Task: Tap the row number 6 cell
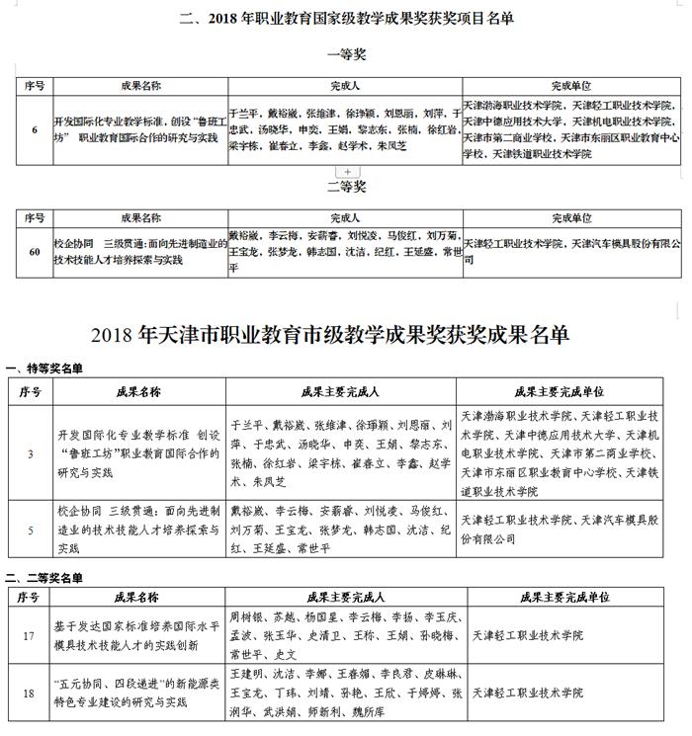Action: [x=36, y=129]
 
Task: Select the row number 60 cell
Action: [x=36, y=252]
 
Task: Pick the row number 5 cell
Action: [x=32, y=529]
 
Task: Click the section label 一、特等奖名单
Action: [x=44, y=368]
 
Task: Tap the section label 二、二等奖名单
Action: [x=44, y=577]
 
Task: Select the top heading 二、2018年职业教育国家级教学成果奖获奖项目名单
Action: [x=346, y=17]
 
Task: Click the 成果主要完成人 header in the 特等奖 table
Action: [x=341, y=391]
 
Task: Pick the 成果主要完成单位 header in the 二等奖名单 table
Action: [x=563, y=598]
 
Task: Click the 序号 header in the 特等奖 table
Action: [x=32, y=391]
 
